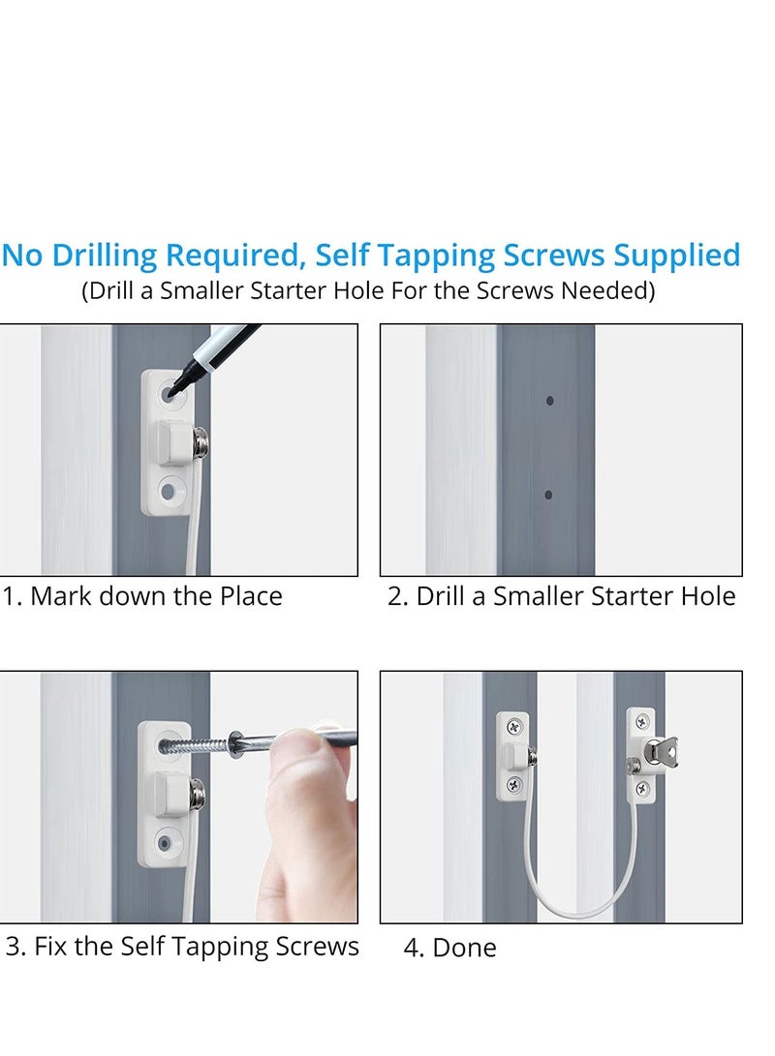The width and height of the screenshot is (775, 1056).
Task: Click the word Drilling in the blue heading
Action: pos(105,256)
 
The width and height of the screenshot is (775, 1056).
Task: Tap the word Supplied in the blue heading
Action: pos(676,256)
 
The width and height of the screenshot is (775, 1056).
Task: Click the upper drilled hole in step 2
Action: pos(550,401)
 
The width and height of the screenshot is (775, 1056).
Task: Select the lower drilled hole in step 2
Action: pos(548,495)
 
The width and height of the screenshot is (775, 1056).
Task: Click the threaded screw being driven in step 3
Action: pos(196,745)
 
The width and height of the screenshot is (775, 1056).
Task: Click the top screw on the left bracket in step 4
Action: pos(514,727)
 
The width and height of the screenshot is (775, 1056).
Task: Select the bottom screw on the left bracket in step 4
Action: pos(514,783)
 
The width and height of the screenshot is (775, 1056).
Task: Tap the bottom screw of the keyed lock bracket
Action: pos(643,787)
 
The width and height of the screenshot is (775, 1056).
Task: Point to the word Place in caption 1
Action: pos(251,596)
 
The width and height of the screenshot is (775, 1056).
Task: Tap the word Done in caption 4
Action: pos(464,948)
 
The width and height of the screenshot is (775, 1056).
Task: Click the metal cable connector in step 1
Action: pos(200,441)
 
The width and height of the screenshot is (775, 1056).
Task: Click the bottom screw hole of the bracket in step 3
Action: pos(166,842)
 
